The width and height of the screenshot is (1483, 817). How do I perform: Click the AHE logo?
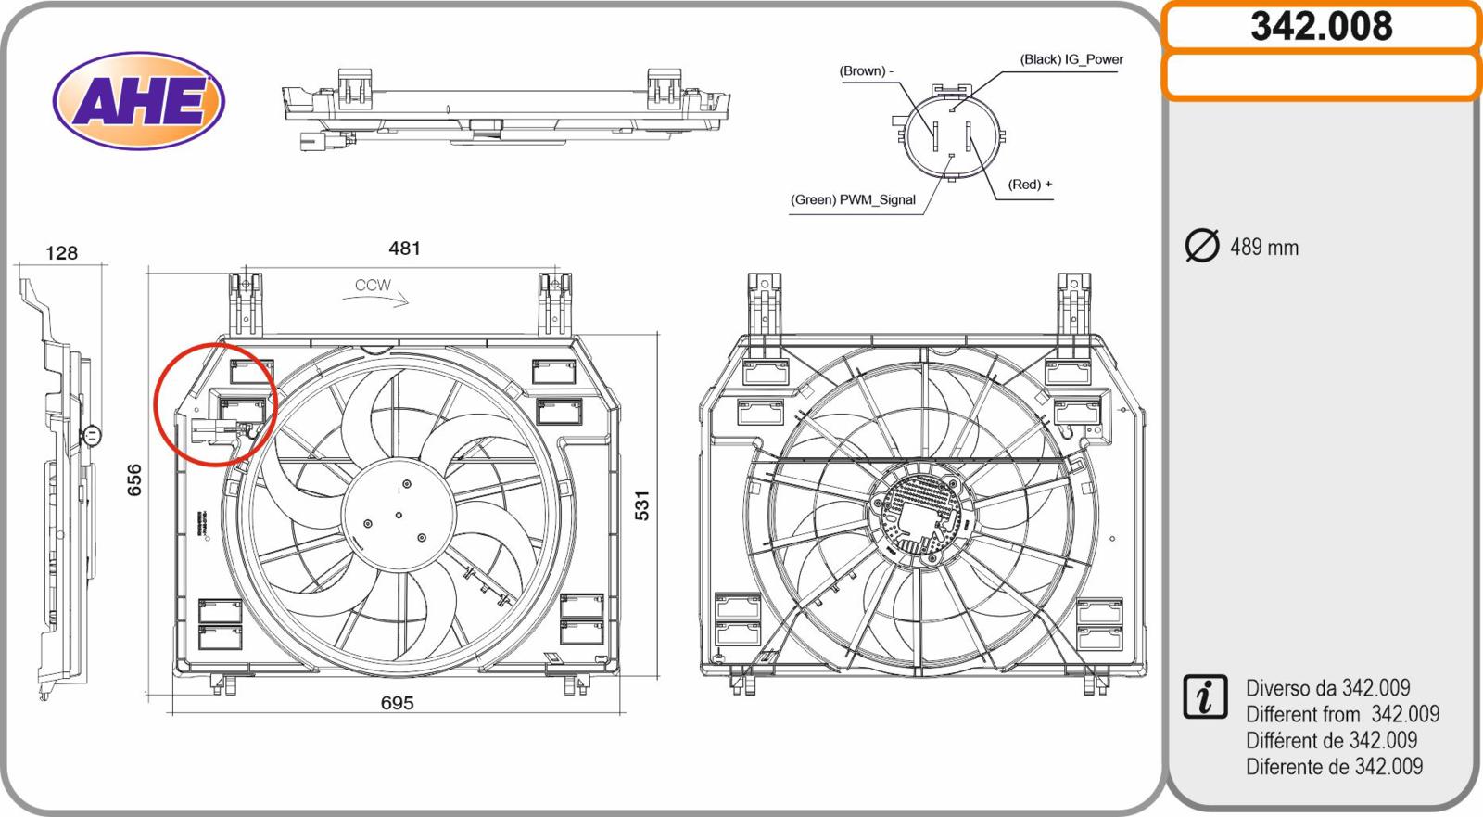pyautogui.click(x=139, y=101)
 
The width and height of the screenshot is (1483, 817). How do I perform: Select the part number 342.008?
pyautogui.click(x=1321, y=27)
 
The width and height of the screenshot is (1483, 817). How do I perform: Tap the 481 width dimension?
pyautogui.click(x=404, y=249)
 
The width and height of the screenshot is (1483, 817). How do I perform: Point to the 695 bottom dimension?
pyautogui.click(x=397, y=703)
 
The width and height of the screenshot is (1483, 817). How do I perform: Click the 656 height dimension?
pyautogui.click(x=134, y=479)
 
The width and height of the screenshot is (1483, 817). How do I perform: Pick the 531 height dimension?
pyautogui.click(x=641, y=505)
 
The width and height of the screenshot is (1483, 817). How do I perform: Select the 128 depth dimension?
pyautogui.click(x=61, y=253)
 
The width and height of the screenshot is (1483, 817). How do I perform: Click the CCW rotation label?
pyautogui.click(x=374, y=286)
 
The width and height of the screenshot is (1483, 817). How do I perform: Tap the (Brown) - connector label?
pyautogui.click(x=866, y=71)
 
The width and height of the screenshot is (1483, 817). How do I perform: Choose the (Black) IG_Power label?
pyautogui.click(x=1071, y=59)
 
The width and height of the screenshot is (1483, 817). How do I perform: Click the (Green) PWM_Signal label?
pyautogui.click(x=853, y=200)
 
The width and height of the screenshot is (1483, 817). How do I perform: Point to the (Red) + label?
pyautogui.click(x=1030, y=185)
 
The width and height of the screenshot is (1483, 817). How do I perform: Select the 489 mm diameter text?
pyautogui.click(x=1264, y=248)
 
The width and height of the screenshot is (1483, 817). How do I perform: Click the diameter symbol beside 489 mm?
pyautogui.click(x=1202, y=246)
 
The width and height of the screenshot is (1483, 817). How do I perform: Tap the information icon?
pyautogui.click(x=1205, y=697)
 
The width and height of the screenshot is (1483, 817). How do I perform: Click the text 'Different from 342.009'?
pyautogui.click(x=1342, y=714)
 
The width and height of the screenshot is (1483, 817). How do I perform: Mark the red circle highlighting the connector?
pyautogui.click(x=215, y=404)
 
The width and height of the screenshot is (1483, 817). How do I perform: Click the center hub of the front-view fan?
pyautogui.click(x=399, y=514)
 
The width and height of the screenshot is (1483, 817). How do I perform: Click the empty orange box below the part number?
pyautogui.click(x=1321, y=76)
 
